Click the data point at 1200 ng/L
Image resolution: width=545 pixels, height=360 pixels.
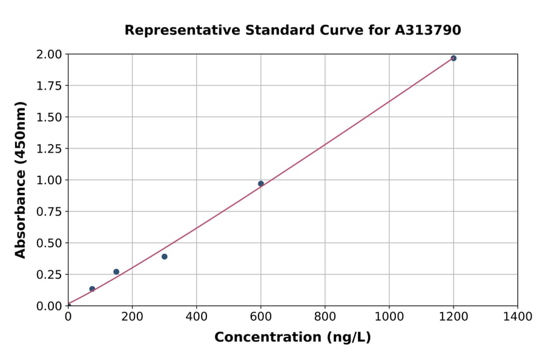click(454, 58)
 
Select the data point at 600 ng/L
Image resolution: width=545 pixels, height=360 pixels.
click(261, 184)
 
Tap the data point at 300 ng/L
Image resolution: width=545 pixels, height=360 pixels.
click(165, 256)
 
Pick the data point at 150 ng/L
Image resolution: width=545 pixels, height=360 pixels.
click(116, 272)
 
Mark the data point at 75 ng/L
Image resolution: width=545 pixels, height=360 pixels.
click(92, 289)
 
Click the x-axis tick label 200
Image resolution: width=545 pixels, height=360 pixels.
click(132, 317)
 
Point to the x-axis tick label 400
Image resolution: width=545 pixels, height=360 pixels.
click(196, 317)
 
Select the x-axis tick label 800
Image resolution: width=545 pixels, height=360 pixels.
click(325, 317)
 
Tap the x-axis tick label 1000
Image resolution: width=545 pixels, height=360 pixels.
click(389, 317)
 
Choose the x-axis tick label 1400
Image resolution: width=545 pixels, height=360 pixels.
click(518, 317)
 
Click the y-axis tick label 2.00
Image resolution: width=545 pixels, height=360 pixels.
click(50, 55)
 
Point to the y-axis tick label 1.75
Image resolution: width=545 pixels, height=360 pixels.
click(50, 86)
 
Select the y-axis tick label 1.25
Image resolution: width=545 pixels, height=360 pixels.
click(50, 148)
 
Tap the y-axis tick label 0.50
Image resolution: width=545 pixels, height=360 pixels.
click(50, 243)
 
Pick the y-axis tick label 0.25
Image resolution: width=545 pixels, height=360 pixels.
click(50, 275)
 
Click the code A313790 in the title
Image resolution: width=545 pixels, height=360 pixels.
click(428, 30)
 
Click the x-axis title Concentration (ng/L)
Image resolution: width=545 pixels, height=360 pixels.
click(292, 338)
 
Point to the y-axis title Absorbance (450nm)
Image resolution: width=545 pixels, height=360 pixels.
click(21, 180)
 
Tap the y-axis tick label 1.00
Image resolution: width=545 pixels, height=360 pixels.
click(50, 180)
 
